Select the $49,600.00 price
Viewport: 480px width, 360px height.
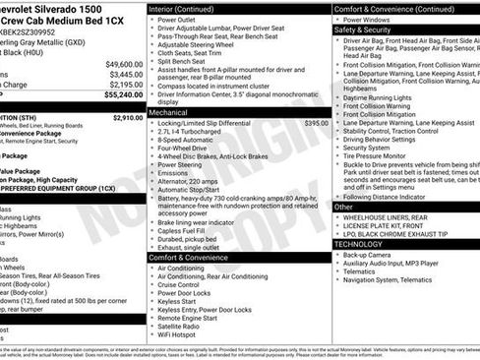click(x=124, y=63)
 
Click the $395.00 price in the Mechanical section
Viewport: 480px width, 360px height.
click(x=317, y=124)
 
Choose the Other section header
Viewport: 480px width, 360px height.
click(x=343, y=208)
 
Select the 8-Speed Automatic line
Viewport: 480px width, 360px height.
click(x=187, y=140)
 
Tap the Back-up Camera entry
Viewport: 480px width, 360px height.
click(x=366, y=255)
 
